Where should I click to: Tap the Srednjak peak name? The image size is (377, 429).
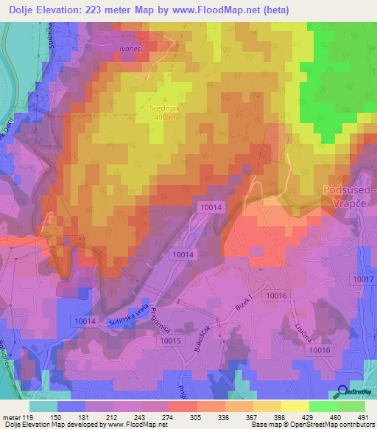pos(166,108)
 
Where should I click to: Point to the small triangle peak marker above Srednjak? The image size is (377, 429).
pos(166,98)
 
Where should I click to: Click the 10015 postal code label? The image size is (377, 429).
pos(169,341)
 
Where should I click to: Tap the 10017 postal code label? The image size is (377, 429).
pos(363,279)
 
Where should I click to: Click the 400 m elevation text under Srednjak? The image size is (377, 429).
pos(166,117)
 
